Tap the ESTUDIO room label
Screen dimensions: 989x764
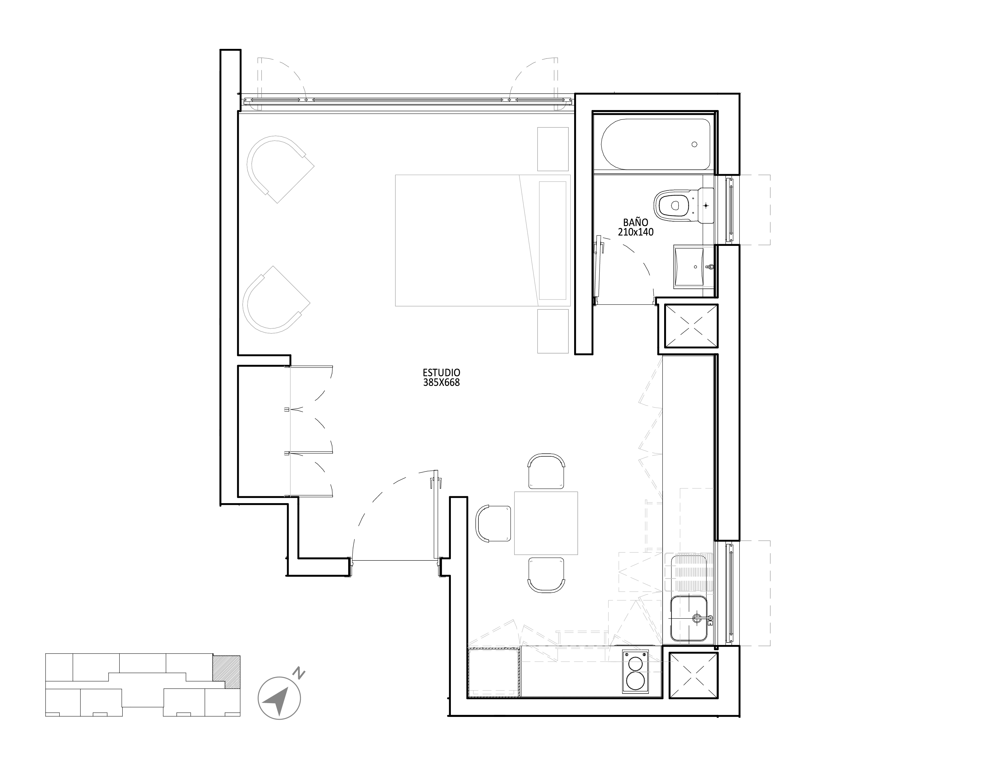point(442,372)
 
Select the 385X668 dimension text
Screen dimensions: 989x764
point(442,383)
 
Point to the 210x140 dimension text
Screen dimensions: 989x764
point(636,232)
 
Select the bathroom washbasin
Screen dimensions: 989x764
point(694,267)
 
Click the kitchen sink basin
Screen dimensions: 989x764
point(689,619)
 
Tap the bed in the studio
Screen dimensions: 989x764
point(483,240)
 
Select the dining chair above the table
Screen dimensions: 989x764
point(547,472)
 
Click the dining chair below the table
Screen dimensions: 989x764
point(546,575)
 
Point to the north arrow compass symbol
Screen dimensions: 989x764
point(279,698)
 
